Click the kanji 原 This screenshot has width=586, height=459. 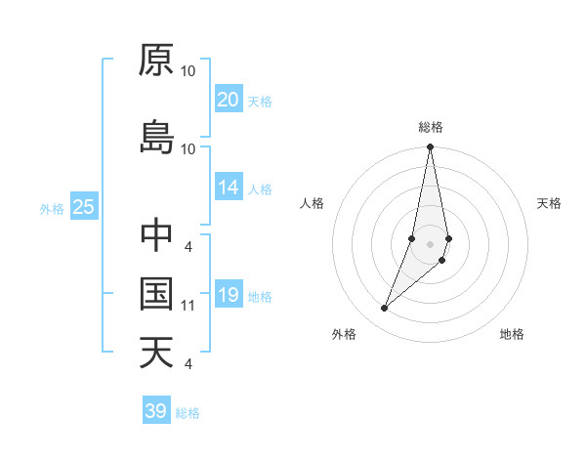[x=156, y=61]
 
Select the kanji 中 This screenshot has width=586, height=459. [x=156, y=235]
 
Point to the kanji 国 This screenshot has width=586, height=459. [x=156, y=293]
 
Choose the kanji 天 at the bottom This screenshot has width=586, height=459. [x=156, y=352]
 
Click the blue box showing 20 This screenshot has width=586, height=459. [x=229, y=100]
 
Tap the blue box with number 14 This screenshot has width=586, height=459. [x=229, y=188]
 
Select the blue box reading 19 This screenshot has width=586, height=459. [x=229, y=296]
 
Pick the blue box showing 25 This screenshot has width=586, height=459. [x=83, y=207]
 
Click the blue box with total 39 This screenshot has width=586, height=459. [x=156, y=411]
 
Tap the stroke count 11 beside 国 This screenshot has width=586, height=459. [x=188, y=306]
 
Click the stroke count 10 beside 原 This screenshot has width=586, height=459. [x=188, y=71]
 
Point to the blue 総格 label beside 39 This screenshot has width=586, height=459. [x=188, y=413]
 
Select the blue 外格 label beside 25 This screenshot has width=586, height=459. [x=52, y=208]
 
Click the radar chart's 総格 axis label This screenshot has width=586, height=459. [x=431, y=127]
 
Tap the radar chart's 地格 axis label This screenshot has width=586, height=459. [x=512, y=334]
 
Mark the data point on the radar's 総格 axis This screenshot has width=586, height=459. [x=430, y=147]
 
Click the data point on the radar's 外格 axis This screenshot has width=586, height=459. [x=384, y=309]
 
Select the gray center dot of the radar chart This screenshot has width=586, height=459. [x=430, y=243]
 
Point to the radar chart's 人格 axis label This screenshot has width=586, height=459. [x=313, y=203]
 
